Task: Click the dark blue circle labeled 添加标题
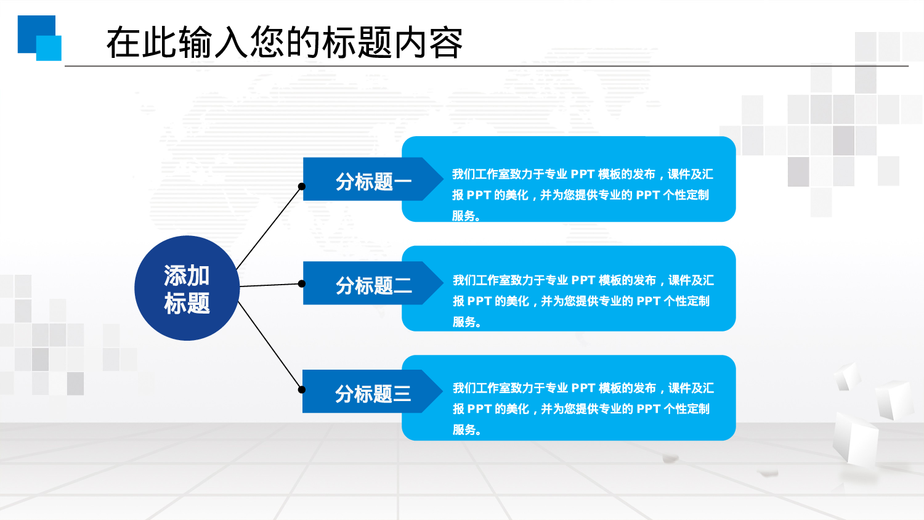[x=187, y=288]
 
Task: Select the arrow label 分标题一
[x=372, y=181]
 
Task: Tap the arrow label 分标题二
[x=372, y=285]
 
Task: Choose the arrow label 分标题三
[x=372, y=393]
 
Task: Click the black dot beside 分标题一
[x=302, y=186]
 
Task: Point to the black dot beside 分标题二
[x=302, y=283]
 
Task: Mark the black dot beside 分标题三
[x=302, y=389]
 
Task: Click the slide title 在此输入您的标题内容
[x=284, y=43]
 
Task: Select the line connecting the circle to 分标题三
[x=270, y=346]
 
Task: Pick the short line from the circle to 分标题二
[x=270, y=285]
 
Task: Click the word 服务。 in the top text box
[x=466, y=216]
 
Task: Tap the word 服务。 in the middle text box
[x=466, y=322]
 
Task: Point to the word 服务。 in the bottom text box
[x=466, y=429]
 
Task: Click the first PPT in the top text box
[x=582, y=174]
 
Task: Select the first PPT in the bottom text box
[x=583, y=388]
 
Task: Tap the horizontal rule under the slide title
[x=487, y=65]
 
